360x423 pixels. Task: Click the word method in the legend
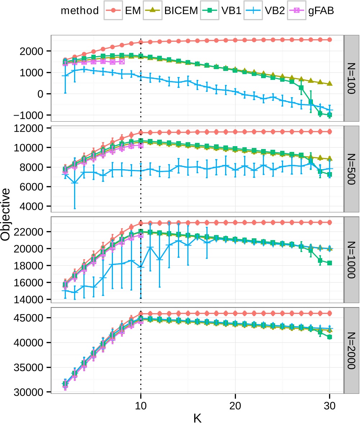tap(79, 11)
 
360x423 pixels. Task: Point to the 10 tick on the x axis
tap(140, 405)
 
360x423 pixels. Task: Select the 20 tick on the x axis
tap(235, 405)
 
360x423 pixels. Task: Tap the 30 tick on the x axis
tap(329, 405)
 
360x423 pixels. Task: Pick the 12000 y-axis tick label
tap(32, 128)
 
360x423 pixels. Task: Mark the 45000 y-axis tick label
tap(32, 318)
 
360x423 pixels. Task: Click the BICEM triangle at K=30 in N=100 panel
tap(330, 84)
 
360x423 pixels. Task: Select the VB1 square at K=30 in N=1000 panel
tap(330, 263)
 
